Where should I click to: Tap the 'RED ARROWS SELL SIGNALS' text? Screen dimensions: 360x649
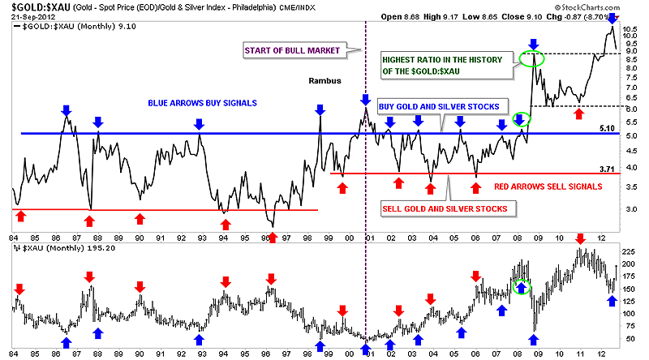tap(548, 186)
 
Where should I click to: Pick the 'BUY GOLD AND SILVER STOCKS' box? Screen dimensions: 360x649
tap(443, 106)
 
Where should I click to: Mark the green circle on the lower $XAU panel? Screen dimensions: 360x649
tap(523, 285)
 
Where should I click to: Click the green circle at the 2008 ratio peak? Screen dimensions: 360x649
tap(532, 58)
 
